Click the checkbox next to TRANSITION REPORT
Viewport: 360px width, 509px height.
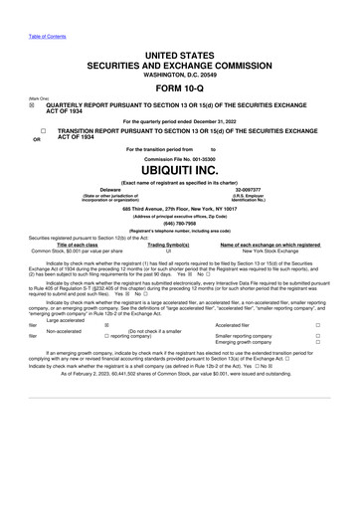[44, 131]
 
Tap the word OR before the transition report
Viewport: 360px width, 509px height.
[37, 139]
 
